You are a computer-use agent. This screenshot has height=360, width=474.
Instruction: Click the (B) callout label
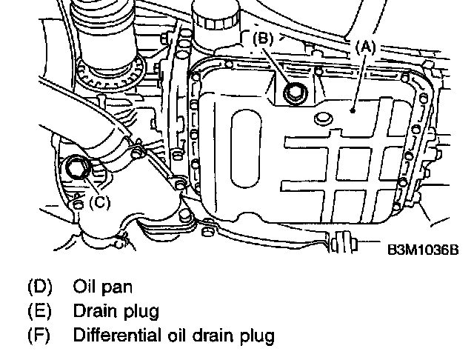pos(266,39)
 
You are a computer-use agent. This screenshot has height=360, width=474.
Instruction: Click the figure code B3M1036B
pos(423,250)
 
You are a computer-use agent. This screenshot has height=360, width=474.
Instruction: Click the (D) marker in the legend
pos(38,285)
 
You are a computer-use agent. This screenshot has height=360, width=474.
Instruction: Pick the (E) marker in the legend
pos(38,310)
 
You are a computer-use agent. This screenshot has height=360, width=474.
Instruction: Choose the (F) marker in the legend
pos(38,336)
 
